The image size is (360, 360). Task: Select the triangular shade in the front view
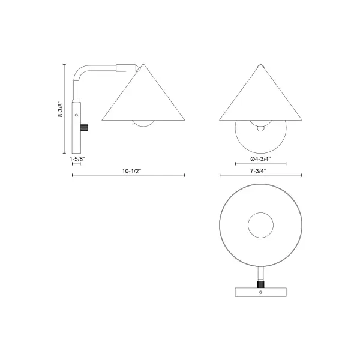(x=260, y=96)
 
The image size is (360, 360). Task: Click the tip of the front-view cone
(x=260, y=64)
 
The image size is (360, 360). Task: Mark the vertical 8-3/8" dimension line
(x=65, y=108)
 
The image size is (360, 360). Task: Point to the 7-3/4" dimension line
(x=260, y=175)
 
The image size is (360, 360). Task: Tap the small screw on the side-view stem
(x=76, y=112)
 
